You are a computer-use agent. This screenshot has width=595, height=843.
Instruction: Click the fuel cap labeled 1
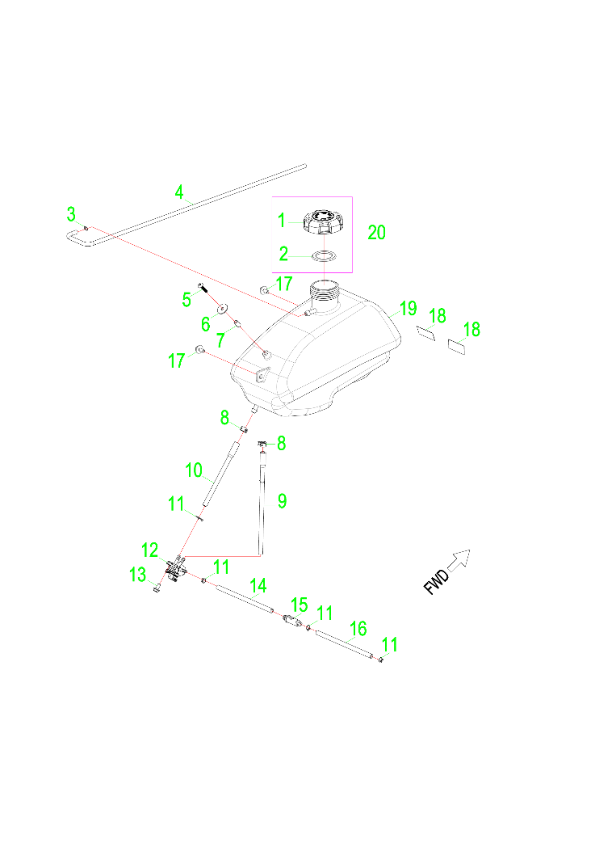[x=322, y=222]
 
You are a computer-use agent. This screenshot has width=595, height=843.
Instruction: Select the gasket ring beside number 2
[x=325, y=256]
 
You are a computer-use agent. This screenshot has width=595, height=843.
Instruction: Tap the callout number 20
[x=376, y=233]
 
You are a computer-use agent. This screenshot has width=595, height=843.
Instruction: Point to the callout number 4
[x=179, y=192]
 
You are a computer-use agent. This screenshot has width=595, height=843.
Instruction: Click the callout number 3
[x=71, y=214]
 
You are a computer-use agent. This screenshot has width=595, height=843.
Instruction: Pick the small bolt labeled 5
[x=203, y=287]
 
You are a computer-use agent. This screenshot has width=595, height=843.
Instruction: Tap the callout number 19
[x=408, y=308]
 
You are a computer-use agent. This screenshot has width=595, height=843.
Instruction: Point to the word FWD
[x=437, y=582]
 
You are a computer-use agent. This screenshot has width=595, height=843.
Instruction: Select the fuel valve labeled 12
[x=175, y=569]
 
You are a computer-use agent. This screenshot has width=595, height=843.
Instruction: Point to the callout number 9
[x=282, y=501]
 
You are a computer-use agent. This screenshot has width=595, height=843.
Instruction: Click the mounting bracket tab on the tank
[x=260, y=376]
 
